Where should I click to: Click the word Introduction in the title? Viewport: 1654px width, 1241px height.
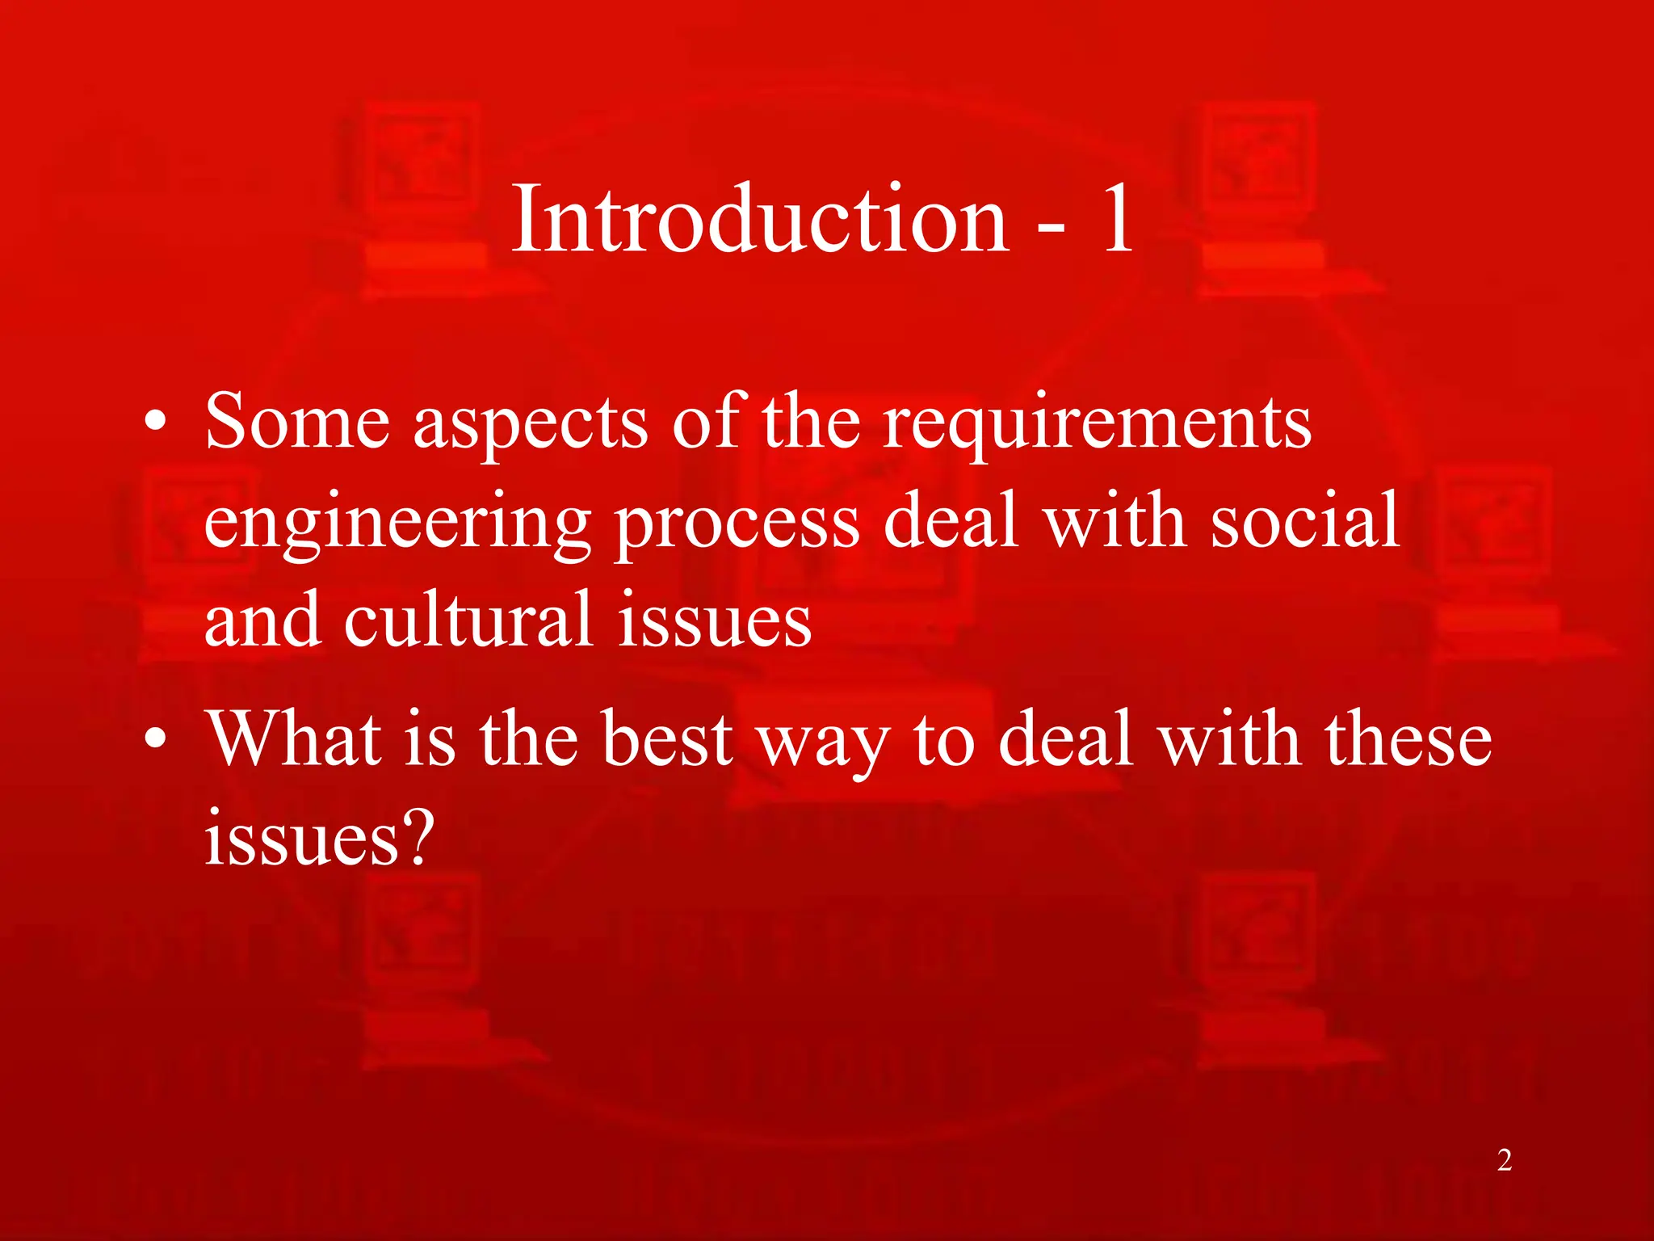[760, 218]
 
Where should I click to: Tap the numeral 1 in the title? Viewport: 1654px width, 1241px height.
[1118, 218]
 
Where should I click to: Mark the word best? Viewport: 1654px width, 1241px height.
[668, 738]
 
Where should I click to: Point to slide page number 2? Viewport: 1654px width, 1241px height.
[1504, 1160]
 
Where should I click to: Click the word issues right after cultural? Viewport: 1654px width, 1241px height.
[714, 620]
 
